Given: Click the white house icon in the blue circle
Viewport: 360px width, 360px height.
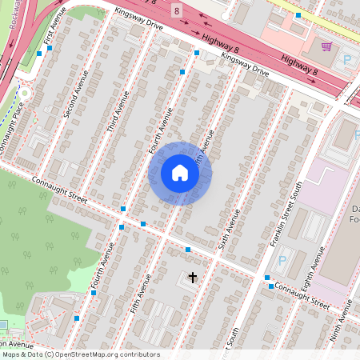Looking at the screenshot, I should pos(180,173).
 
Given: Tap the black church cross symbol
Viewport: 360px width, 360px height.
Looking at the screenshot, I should pos(192,278).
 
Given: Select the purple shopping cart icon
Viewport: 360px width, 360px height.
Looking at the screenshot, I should pos(326,46).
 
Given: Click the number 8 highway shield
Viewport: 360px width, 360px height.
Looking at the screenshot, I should pos(176,10).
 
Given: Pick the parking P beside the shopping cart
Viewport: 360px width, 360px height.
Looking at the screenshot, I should pos(347,59).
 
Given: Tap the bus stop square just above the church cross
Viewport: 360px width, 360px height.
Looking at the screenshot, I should pos(188,250).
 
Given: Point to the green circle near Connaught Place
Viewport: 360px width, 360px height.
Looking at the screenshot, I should pos(25,93).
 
